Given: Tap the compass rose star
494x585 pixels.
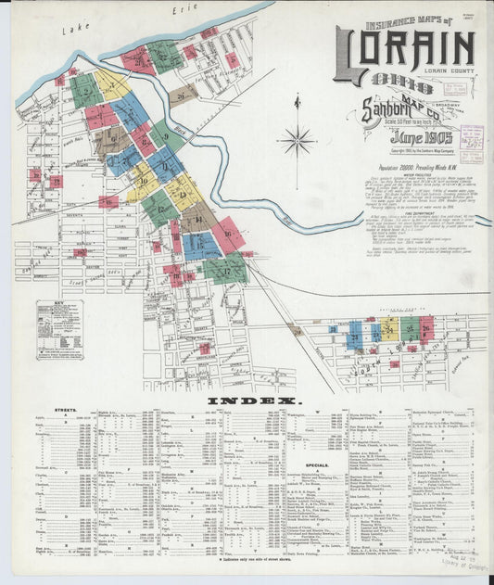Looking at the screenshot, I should pos(298,141).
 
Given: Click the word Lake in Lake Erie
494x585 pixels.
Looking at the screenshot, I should pos(73,31).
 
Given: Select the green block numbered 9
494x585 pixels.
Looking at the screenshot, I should pos(167,136).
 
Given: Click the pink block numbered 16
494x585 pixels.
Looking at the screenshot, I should pos(228,234).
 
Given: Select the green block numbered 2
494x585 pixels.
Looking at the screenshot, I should pos(85,91).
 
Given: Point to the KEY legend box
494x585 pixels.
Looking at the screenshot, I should pos(59,329).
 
